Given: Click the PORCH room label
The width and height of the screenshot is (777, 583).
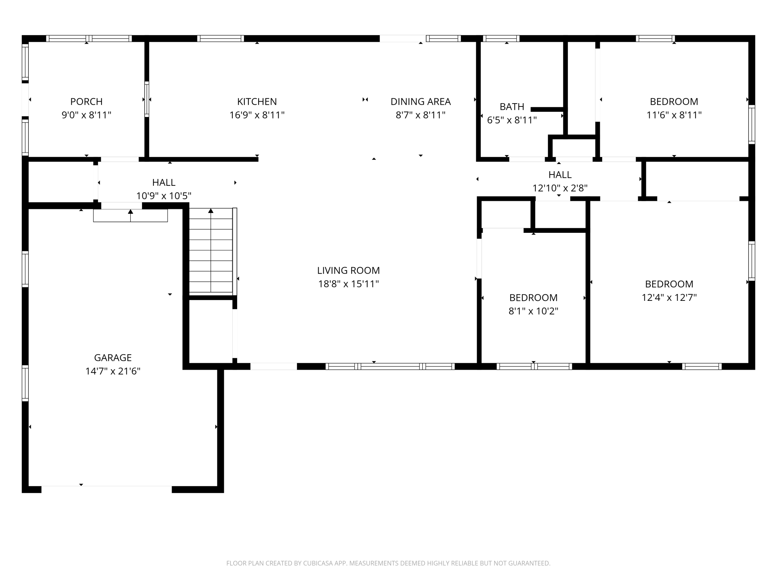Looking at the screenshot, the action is coord(86,101).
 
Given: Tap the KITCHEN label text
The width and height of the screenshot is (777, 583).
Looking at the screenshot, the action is coord(257,101).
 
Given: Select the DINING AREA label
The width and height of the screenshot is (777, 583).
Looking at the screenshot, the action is coord(421,101).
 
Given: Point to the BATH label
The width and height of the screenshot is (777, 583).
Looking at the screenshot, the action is coord(512,107).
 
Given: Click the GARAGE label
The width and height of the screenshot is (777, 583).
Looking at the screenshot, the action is coord(113,358).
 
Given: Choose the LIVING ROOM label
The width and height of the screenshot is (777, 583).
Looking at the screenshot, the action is coord(349,270).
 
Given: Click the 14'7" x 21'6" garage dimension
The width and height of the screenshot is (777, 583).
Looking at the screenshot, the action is coord(113,371).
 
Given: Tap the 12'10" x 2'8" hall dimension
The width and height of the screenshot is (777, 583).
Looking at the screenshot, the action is coord(560,188).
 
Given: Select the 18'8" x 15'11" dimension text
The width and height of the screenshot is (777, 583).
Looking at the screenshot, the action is coord(349,284).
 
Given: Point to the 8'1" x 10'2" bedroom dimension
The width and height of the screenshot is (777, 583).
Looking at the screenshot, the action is coord(533,311).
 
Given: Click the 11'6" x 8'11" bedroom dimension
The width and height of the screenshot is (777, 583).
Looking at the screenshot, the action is coord(674,115).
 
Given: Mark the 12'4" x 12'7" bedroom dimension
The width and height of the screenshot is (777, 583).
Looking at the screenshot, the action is coord(669,297).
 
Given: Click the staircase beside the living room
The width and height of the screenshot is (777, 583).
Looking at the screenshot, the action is coord(211,250).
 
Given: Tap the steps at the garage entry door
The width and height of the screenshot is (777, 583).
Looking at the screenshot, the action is coord(130,216).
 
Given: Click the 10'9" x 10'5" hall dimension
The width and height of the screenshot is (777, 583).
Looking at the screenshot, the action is coord(164,196).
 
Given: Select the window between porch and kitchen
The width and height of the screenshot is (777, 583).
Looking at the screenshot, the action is coord(147,99).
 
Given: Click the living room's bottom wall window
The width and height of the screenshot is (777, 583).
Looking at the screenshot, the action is coord(390,367).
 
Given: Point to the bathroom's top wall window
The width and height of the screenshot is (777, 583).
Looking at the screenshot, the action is coord(501,38).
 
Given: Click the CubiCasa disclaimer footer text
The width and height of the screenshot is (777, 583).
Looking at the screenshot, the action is coord(388,563).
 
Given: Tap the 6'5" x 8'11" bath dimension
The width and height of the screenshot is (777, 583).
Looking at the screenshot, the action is coord(512,120).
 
